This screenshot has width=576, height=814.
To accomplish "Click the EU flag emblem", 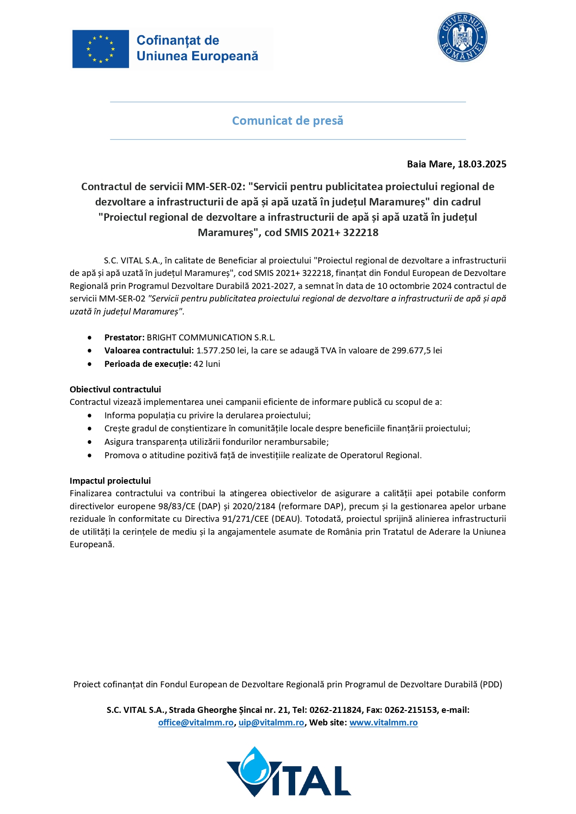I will click(x=100, y=49).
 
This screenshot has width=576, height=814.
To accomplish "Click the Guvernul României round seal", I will click(x=462, y=38).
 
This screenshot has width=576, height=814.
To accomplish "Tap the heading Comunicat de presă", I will click(x=287, y=121).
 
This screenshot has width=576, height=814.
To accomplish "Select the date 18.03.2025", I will click(x=482, y=164).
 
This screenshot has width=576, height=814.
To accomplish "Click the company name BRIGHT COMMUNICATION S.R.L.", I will click(x=211, y=337).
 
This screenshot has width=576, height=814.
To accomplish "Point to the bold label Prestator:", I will click(x=124, y=337).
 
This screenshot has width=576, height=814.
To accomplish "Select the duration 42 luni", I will click(x=207, y=364).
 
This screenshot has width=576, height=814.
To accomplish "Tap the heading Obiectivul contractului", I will click(x=115, y=389).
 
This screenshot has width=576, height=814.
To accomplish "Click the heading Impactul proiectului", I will click(x=110, y=481).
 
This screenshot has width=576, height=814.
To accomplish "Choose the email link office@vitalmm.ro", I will click(x=195, y=722).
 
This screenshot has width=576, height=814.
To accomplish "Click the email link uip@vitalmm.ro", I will click(x=271, y=722).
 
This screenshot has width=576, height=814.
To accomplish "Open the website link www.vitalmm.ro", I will click(x=383, y=722).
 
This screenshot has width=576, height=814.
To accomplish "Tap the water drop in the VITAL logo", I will click(x=254, y=766).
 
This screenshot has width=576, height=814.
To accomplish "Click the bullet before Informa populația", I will click(x=90, y=416).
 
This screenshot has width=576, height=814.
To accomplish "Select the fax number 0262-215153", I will click(x=411, y=710).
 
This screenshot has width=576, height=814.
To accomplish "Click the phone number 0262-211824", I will click(x=335, y=710).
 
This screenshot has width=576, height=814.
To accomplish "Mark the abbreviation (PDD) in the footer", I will click(x=491, y=684).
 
